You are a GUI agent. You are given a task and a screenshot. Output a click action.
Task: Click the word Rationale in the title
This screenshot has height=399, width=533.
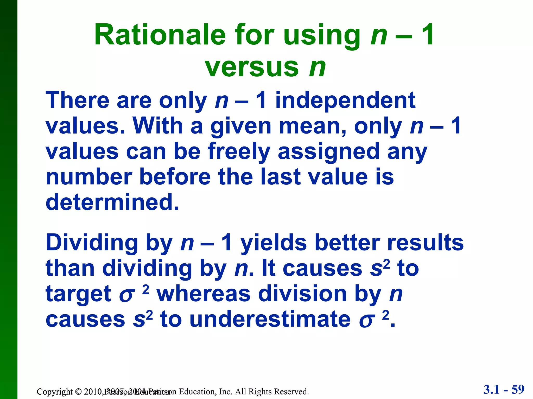click(x=160, y=35)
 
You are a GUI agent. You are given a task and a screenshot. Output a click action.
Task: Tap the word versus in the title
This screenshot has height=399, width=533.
click(x=252, y=68)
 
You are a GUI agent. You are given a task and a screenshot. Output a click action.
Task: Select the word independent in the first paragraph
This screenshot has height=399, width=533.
click(x=345, y=101)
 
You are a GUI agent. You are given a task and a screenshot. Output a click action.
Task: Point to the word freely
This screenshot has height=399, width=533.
click(x=239, y=152)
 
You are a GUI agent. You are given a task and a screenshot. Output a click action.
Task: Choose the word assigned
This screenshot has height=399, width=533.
click(x=329, y=152)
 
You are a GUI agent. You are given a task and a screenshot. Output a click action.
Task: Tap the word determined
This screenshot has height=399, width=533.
click(x=112, y=202)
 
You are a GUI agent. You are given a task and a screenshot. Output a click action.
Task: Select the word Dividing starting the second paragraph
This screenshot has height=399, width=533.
click(x=92, y=243)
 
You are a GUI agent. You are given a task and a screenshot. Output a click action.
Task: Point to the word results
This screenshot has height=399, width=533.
click(x=425, y=242)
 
